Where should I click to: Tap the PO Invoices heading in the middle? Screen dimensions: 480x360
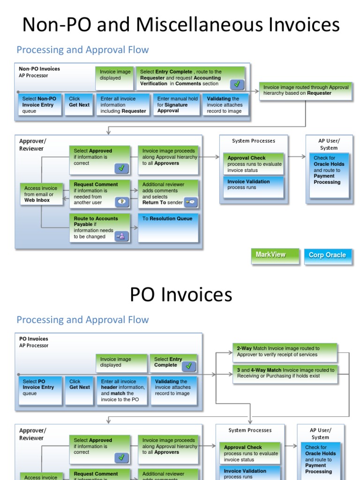point(180,294)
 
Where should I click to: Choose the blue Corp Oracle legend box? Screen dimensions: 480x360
point(327,256)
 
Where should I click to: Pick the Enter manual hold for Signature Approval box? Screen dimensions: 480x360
point(177,105)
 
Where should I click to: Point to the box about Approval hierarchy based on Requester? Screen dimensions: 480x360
point(306,90)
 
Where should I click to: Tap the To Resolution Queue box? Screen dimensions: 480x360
point(168,227)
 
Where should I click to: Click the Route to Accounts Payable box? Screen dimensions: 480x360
point(99,228)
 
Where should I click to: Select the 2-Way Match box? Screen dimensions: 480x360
point(285,352)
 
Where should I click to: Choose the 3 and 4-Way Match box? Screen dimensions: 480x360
point(285,373)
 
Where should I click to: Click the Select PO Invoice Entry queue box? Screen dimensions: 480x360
point(40,390)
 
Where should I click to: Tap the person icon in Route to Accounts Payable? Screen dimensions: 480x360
point(121,236)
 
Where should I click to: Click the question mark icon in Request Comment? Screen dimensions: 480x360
point(121,202)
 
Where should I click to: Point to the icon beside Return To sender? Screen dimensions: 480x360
point(191,202)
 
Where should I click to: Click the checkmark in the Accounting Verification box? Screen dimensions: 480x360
point(237,84)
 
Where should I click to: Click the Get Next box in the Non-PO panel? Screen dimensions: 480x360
point(79,105)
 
